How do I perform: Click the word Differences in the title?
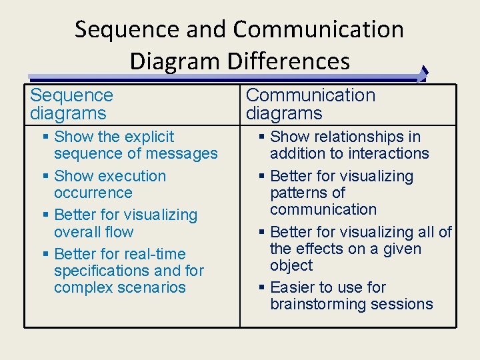point(288,61)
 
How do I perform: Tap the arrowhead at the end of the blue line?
point(423,75)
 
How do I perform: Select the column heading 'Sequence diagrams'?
point(72,105)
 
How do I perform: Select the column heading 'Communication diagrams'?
point(311,105)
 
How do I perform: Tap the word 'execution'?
point(130,176)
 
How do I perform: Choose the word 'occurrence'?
point(93,193)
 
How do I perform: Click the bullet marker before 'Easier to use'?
point(262,288)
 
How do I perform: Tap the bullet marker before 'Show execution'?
point(45,177)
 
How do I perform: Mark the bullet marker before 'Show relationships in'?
point(262,137)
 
